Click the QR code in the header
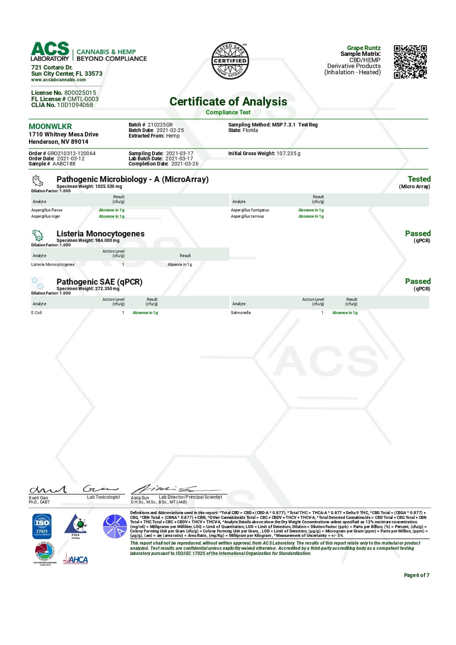pos(410,62)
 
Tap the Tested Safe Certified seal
pos(230,61)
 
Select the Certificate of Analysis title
pos(228,101)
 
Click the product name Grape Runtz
pos(364,48)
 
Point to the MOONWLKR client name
pos(50,126)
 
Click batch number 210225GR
pos(160,125)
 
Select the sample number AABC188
pos(64,164)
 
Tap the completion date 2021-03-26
pos(185,164)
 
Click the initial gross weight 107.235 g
pos(288,153)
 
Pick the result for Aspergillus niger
pos(111,216)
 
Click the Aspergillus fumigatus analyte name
pos(250,210)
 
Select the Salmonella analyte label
pos(241,313)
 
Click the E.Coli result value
pos(145,313)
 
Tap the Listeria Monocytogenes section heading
pos(100,234)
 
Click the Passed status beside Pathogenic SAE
pos(417,281)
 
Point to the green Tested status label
pos(419,179)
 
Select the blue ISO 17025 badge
pos(42,526)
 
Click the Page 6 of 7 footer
pos(416,575)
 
